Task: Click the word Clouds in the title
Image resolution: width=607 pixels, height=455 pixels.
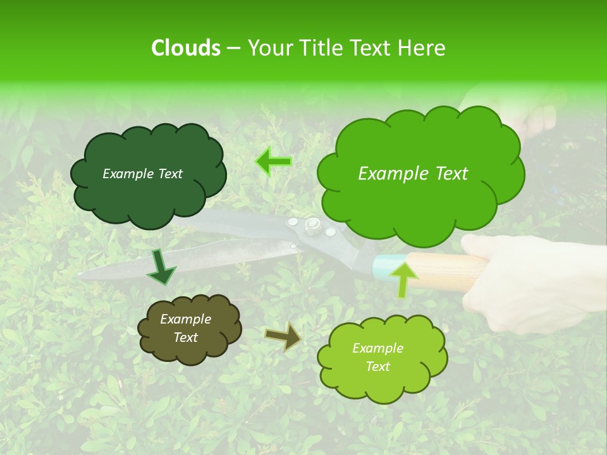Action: tap(185, 48)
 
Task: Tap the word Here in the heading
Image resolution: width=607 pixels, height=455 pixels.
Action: tap(422, 48)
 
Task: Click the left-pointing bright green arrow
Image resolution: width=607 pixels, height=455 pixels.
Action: tap(274, 162)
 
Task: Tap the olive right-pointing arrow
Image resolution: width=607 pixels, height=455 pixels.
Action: tap(283, 336)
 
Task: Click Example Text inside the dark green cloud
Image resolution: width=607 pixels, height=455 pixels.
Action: tap(142, 174)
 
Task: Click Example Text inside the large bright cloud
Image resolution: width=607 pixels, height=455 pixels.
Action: tap(413, 174)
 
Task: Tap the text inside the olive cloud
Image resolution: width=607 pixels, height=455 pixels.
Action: tap(185, 328)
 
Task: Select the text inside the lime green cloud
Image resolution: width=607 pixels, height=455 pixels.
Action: tap(377, 357)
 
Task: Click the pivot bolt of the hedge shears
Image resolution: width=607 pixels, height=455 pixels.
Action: tap(312, 224)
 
